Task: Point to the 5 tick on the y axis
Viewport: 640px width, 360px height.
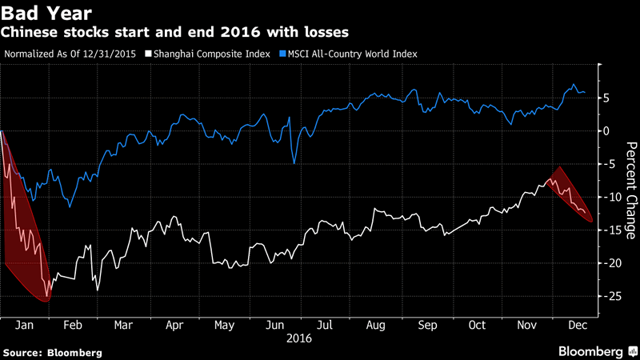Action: pos(608,98)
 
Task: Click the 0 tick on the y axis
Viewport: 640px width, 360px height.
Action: pos(608,131)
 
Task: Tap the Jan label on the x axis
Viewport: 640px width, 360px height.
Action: pos(24,326)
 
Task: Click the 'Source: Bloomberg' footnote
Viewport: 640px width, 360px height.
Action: pos(53,352)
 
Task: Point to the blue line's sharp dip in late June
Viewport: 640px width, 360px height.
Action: pos(294,162)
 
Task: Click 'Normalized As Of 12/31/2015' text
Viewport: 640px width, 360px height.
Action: pos(71,54)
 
